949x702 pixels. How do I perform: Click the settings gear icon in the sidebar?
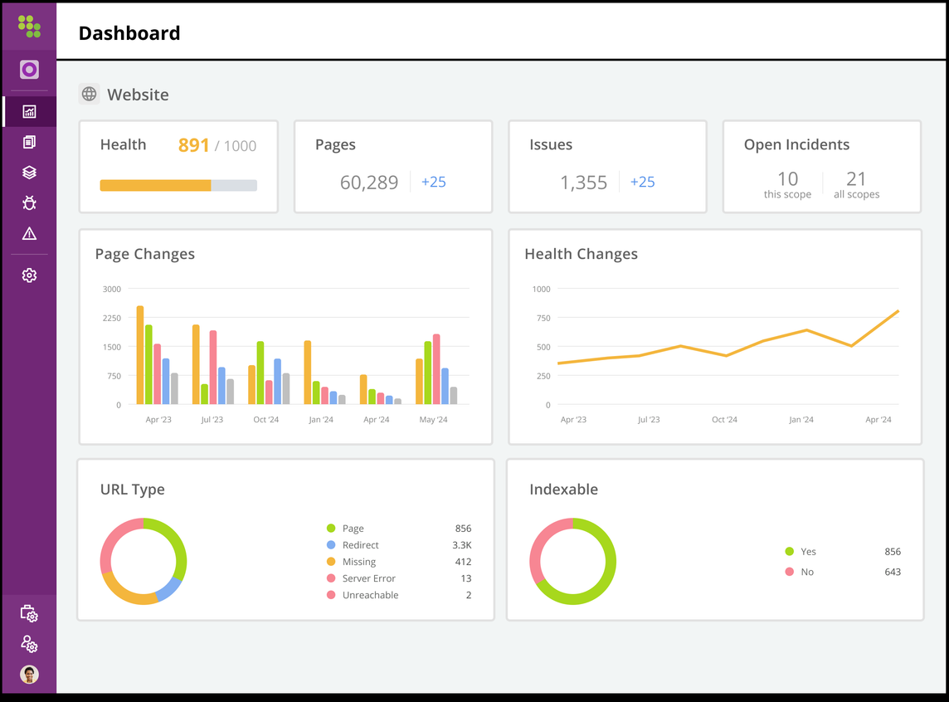tap(29, 275)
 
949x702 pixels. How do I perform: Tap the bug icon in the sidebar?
tap(29, 203)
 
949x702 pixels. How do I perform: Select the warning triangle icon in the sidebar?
tap(29, 234)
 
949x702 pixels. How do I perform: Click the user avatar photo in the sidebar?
tap(29, 674)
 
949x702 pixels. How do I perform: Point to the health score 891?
tap(193, 145)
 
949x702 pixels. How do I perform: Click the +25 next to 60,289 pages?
tap(433, 182)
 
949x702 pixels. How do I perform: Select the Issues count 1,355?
tap(583, 183)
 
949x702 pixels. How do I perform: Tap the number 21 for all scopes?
tap(856, 179)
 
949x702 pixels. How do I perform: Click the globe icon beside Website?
tap(89, 95)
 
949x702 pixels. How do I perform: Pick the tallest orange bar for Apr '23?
tap(140, 355)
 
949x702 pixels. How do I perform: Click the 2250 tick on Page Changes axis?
tap(111, 318)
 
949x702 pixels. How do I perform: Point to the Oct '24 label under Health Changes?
tap(724, 420)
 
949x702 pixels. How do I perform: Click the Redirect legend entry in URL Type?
tap(360, 545)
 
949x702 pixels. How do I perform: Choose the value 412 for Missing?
tap(463, 562)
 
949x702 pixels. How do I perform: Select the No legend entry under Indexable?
tap(806, 572)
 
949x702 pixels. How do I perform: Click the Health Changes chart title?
tap(581, 254)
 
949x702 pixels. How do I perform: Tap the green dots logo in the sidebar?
tap(29, 26)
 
